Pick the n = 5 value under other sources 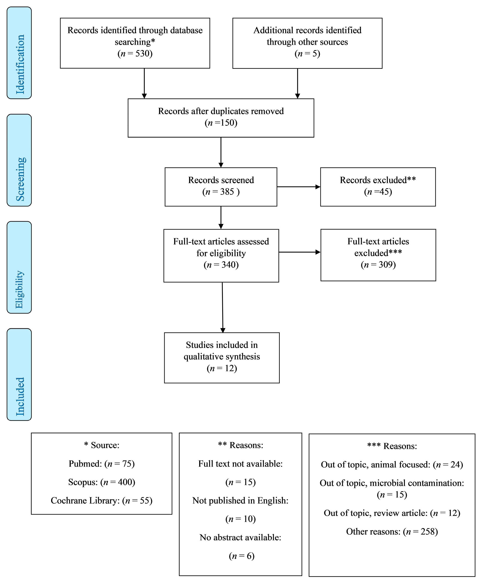click(307, 53)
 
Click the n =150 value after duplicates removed click(221, 123)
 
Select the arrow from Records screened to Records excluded click(299, 187)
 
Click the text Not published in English click(240, 501)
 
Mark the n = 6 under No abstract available click(241, 556)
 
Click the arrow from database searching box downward click(144, 83)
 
